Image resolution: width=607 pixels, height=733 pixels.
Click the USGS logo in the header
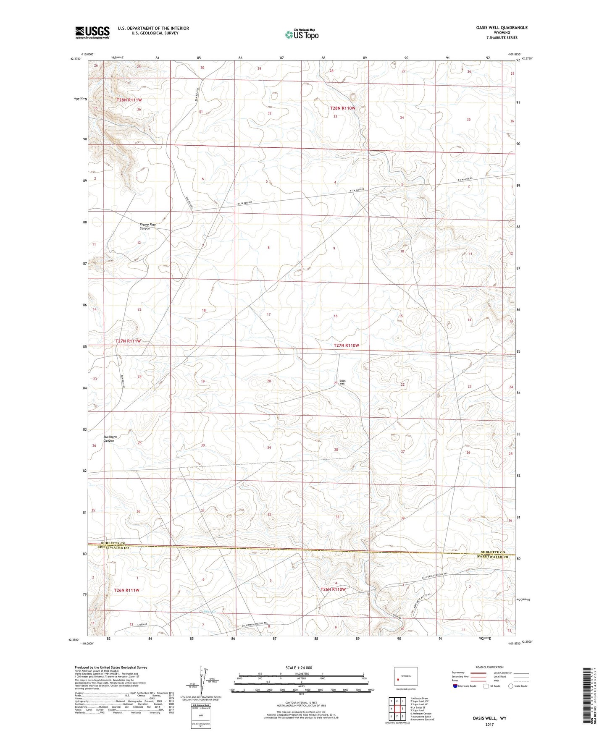pos(92,32)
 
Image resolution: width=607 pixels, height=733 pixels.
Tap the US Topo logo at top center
pos(301,34)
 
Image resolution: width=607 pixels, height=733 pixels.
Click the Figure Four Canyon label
pos(148,226)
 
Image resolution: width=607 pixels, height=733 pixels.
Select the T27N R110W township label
pos(347,345)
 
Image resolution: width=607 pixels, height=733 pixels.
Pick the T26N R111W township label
pos(126,590)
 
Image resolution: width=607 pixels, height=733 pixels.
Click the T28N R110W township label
pos(342,108)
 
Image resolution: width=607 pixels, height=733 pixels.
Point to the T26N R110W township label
pos(333,589)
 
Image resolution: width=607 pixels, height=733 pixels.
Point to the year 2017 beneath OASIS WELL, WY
pos(489,724)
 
